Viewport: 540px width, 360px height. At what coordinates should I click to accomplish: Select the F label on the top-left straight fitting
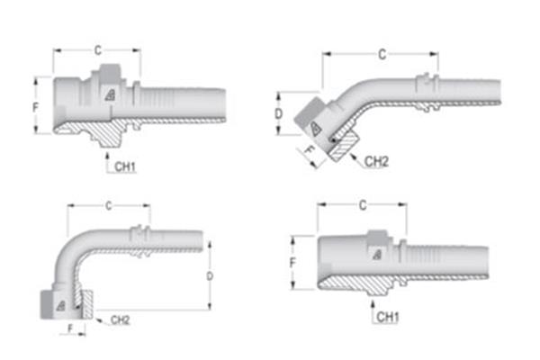[x=34, y=106]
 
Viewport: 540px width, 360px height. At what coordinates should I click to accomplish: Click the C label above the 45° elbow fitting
[x=382, y=55]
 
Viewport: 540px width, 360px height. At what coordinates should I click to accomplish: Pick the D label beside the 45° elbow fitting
[x=280, y=114]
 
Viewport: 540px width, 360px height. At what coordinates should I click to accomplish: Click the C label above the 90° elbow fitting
[x=109, y=206]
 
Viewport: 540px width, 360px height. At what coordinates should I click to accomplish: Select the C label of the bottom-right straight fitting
[x=362, y=205]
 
